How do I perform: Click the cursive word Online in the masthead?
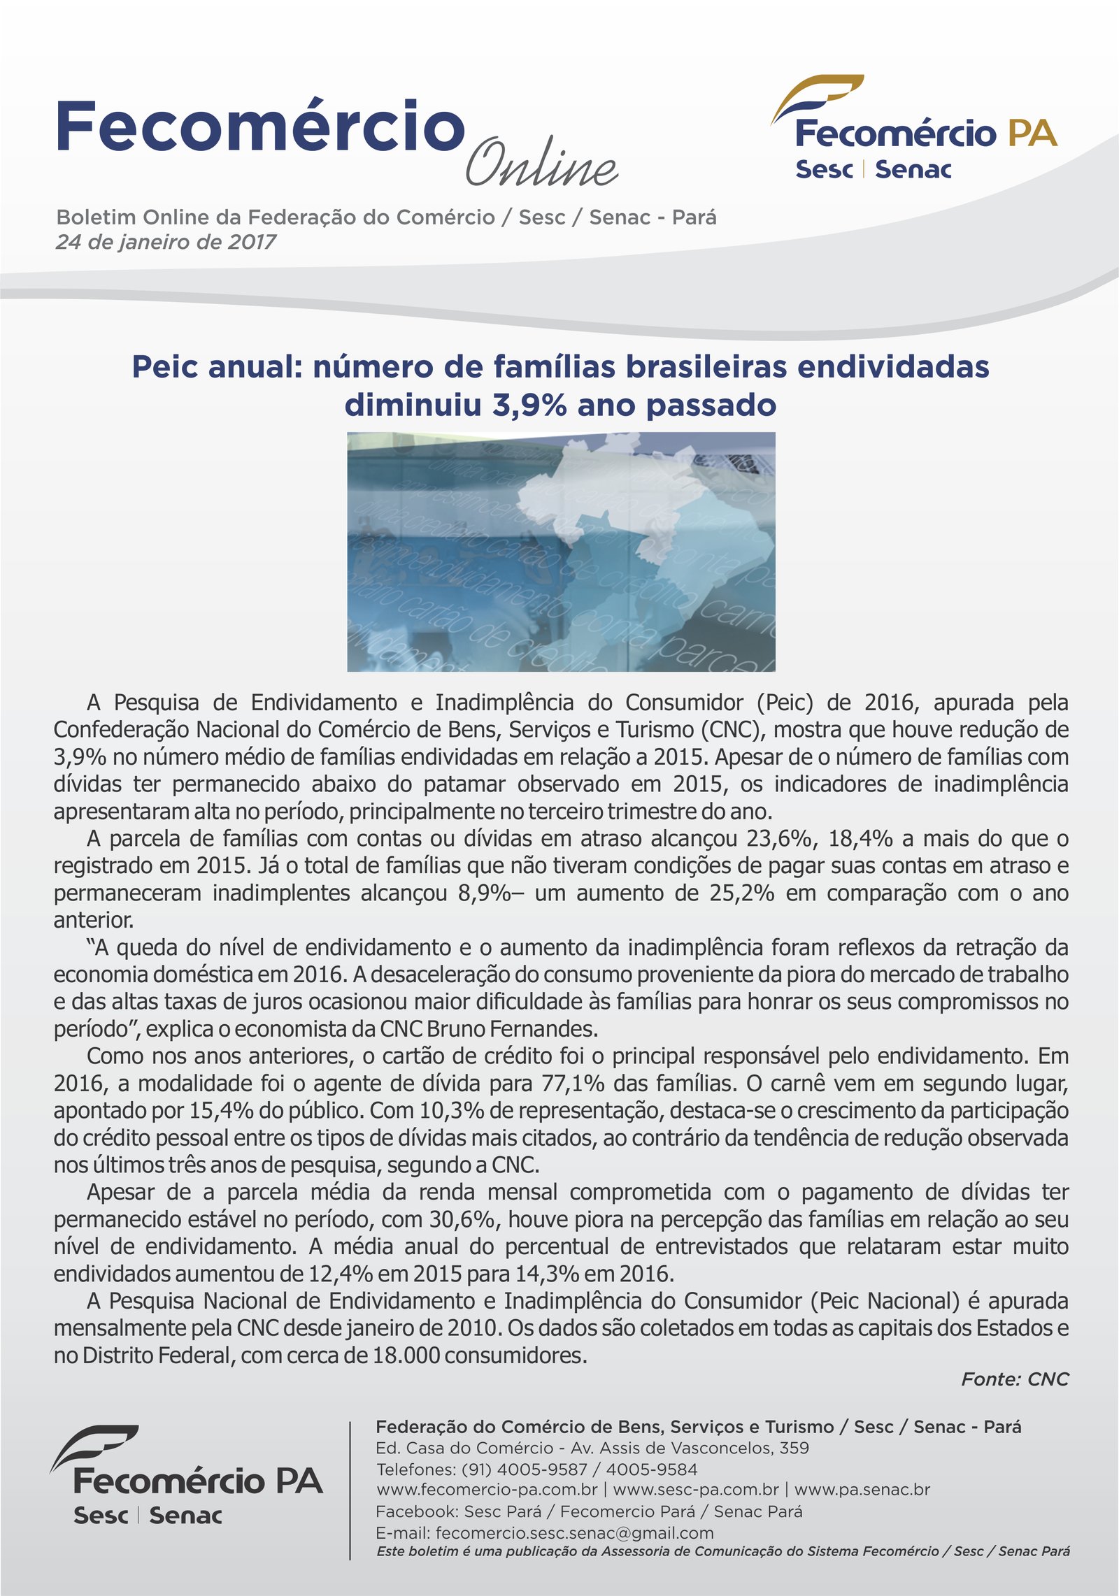(x=541, y=163)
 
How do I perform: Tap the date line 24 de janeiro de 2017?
(x=166, y=242)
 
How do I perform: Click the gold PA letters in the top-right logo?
(x=1032, y=133)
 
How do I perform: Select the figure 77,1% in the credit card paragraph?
(x=573, y=1084)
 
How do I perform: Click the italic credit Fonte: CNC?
(x=1015, y=1379)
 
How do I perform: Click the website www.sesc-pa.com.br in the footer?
(x=696, y=1490)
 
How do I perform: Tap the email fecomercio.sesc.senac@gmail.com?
(x=574, y=1533)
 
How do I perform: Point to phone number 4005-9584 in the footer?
(x=651, y=1469)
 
